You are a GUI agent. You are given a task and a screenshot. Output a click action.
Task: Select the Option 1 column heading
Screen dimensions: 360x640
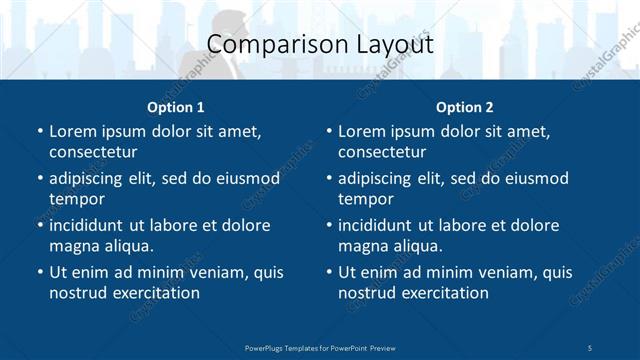(x=175, y=106)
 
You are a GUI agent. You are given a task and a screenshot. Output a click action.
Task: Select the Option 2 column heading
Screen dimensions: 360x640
(x=464, y=106)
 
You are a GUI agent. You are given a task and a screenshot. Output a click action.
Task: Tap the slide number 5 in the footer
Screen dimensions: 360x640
(x=590, y=347)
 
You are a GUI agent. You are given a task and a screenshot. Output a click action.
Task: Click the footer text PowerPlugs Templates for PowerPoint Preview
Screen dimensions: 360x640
(x=320, y=347)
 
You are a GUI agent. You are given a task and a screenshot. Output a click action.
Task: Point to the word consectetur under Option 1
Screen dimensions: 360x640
(x=93, y=152)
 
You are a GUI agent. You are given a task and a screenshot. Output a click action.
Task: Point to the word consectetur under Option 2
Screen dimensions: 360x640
(x=382, y=152)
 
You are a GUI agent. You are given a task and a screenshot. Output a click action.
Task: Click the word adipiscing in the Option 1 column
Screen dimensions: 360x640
(x=93, y=178)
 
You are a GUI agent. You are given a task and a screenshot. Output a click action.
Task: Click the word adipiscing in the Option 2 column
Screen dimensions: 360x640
(x=382, y=178)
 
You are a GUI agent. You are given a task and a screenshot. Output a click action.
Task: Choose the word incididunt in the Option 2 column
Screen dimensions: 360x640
(x=382, y=225)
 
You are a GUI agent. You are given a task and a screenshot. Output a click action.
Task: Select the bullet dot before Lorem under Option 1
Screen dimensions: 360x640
(x=39, y=131)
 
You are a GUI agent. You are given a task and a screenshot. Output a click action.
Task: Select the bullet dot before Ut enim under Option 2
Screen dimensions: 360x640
(x=328, y=272)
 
